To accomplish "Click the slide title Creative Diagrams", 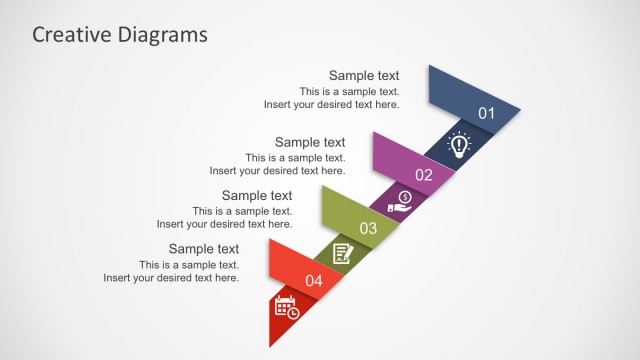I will tap(120, 35).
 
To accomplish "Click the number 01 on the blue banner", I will tap(486, 113).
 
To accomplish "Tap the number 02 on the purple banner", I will tap(424, 175).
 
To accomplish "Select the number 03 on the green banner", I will tap(368, 228).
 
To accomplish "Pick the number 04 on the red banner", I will tap(314, 281).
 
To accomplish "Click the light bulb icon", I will tap(458, 145).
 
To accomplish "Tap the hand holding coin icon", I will tap(402, 199).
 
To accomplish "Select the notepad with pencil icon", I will tap(343, 254).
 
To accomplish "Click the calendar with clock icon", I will tap(287, 307).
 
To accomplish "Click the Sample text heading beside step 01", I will tap(364, 75).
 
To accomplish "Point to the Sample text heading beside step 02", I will tap(310, 142).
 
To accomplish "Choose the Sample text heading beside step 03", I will tap(257, 196).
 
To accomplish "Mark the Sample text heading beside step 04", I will tap(204, 249).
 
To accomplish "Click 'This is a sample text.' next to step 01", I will tap(349, 91).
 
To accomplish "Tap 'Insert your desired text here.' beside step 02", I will tap(277, 171).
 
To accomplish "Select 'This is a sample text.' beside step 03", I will tap(242, 211).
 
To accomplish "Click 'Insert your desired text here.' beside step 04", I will tap(171, 278).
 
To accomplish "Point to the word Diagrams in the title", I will tap(163, 35).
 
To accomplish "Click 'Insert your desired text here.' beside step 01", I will tap(331, 104).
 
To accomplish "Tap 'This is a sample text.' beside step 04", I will tap(189, 265).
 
